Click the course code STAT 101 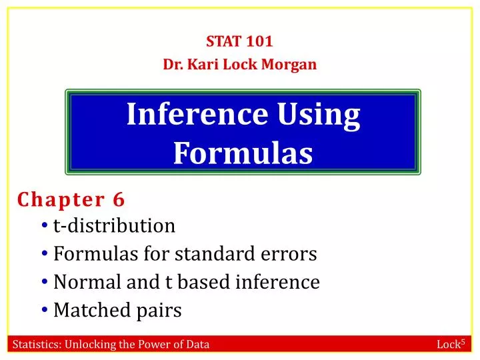point(239,41)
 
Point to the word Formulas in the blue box point(243,153)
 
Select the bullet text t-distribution point(114,226)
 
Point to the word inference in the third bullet point(278,283)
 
